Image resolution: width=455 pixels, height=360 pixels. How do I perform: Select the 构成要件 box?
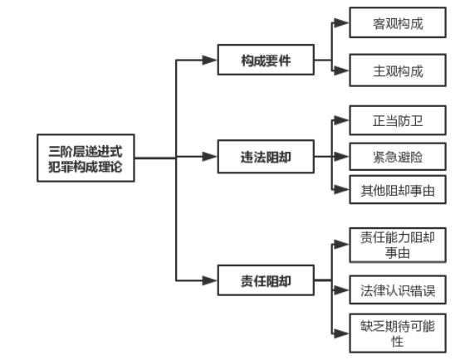(266, 61)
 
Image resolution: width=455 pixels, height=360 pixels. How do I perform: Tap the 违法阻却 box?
(266, 155)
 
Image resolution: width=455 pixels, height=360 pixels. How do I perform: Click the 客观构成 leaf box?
(398, 24)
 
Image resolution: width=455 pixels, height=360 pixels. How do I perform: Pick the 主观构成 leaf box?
(398, 71)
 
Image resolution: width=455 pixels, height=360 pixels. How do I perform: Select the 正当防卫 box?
(398, 121)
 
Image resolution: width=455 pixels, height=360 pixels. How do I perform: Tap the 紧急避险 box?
(398, 155)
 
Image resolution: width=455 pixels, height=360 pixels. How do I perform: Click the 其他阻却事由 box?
(398, 190)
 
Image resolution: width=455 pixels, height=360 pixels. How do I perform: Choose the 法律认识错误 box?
(398, 290)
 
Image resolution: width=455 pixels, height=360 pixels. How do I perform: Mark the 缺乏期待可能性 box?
(398, 333)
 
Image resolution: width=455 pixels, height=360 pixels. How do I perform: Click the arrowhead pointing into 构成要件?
(208, 61)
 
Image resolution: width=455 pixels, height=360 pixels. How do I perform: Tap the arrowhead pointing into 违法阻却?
(208, 155)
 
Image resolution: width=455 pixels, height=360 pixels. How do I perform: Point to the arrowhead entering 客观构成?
(341, 24)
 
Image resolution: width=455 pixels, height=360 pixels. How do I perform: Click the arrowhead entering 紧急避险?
(341, 155)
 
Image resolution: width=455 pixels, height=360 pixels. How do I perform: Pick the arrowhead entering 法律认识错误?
(341, 290)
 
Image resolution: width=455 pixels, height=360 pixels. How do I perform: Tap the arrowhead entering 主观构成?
(341, 71)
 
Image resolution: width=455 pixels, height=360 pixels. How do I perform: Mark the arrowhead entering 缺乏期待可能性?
(341, 333)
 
